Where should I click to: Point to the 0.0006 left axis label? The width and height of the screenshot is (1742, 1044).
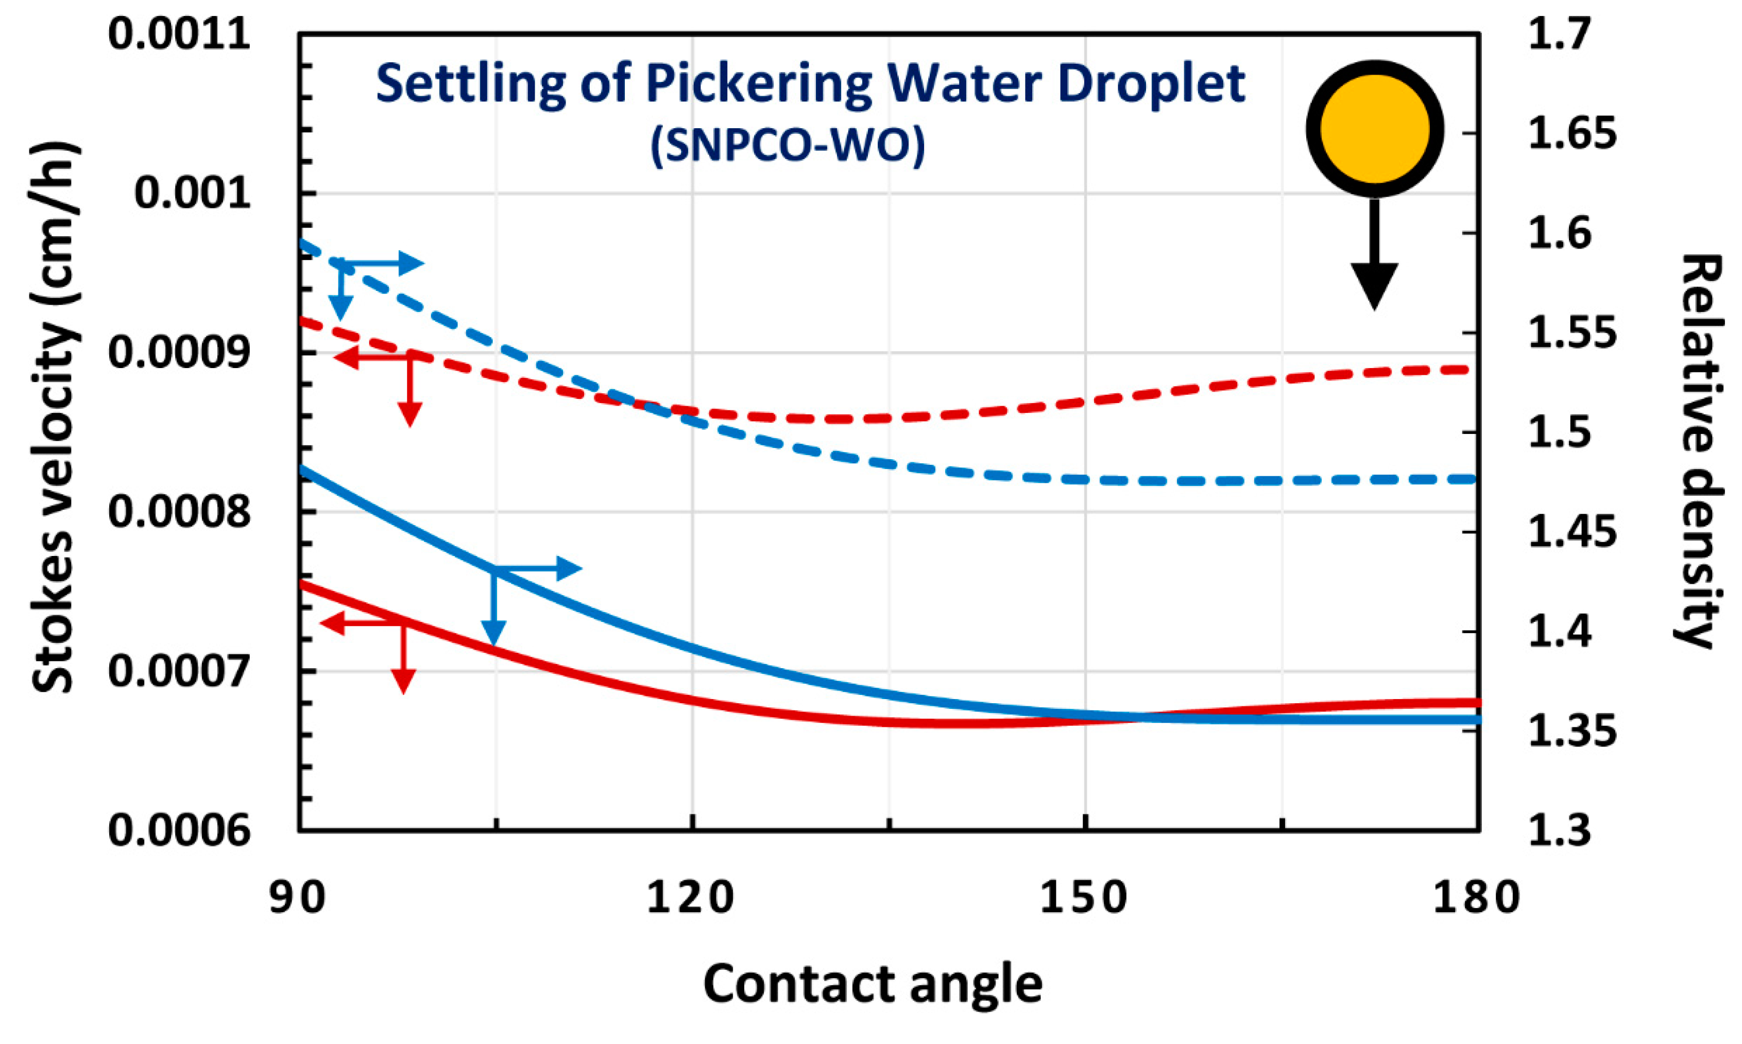pos(179,831)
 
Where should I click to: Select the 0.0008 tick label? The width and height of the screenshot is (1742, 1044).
pos(179,512)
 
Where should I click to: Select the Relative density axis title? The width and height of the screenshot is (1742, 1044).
pos(1700,450)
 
